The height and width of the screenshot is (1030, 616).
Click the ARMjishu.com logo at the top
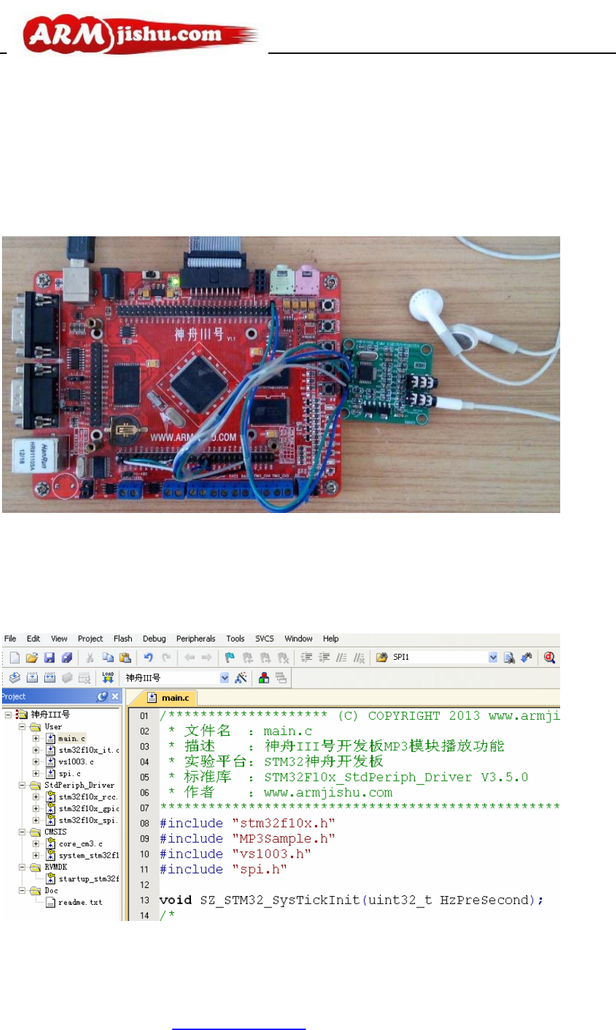[138, 36]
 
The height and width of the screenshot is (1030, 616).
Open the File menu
[11, 639]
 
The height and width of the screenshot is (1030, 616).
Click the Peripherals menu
[196, 639]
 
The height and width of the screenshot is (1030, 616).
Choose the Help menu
[331, 639]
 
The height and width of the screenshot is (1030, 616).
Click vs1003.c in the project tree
[76, 762]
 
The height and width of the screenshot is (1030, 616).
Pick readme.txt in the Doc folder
[80, 903]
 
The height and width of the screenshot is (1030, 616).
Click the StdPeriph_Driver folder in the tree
[79, 785]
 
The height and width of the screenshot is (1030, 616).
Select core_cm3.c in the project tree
[81, 844]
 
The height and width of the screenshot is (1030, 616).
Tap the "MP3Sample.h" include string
[283, 839]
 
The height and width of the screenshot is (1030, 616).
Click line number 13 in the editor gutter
[145, 900]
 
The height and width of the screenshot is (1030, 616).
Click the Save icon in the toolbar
[49, 658]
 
